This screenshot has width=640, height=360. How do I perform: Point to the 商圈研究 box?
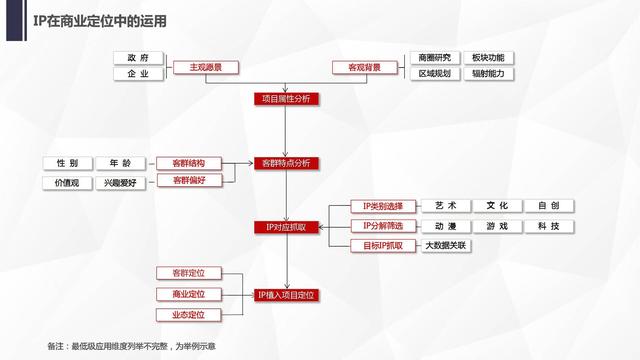434,58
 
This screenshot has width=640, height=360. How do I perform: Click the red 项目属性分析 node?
286,99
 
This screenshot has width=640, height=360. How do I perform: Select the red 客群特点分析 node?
286,163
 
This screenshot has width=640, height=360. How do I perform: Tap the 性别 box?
67,163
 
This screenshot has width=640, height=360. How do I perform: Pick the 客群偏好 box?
188,181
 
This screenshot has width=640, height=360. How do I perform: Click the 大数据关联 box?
447,245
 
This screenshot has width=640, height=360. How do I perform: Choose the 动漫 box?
447,226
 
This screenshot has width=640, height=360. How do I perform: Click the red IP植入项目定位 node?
286,295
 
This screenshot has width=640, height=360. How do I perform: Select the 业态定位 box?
188,315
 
